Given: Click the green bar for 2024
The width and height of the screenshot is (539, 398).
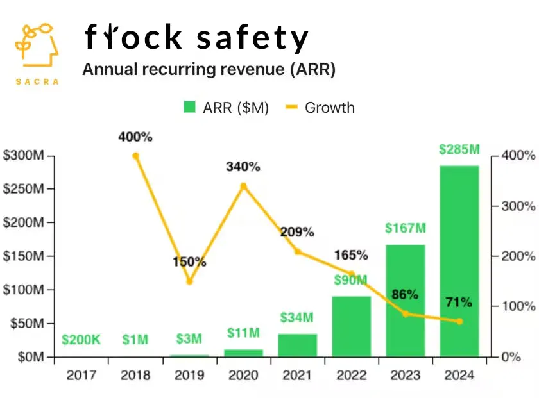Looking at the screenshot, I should (x=459, y=260).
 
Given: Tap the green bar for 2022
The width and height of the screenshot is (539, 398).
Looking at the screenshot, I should (x=352, y=326).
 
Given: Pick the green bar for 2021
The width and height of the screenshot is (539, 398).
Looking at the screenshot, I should (x=298, y=345).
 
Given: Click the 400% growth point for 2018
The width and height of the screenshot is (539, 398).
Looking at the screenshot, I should (x=135, y=155).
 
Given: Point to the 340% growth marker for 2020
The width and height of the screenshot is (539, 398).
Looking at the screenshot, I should (x=243, y=186).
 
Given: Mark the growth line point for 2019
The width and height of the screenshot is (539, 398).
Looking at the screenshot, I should (x=189, y=281).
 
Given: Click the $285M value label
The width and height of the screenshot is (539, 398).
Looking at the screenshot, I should (x=459, y=149).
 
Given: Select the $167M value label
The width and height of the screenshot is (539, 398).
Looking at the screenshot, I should (x=406, y=228).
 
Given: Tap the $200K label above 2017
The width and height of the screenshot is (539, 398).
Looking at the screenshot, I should (x=81, y=340).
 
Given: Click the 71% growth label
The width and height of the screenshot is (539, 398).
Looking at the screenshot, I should (x=459, y=303).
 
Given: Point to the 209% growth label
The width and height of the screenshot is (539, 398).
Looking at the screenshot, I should (x=297, y=232).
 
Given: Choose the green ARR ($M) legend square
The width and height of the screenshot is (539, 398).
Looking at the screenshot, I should (x=189, y=108).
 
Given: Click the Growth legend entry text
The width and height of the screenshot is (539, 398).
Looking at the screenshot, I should (x=330, y=108).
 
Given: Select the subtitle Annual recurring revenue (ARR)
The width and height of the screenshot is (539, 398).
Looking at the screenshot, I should (x=209, y=69).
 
